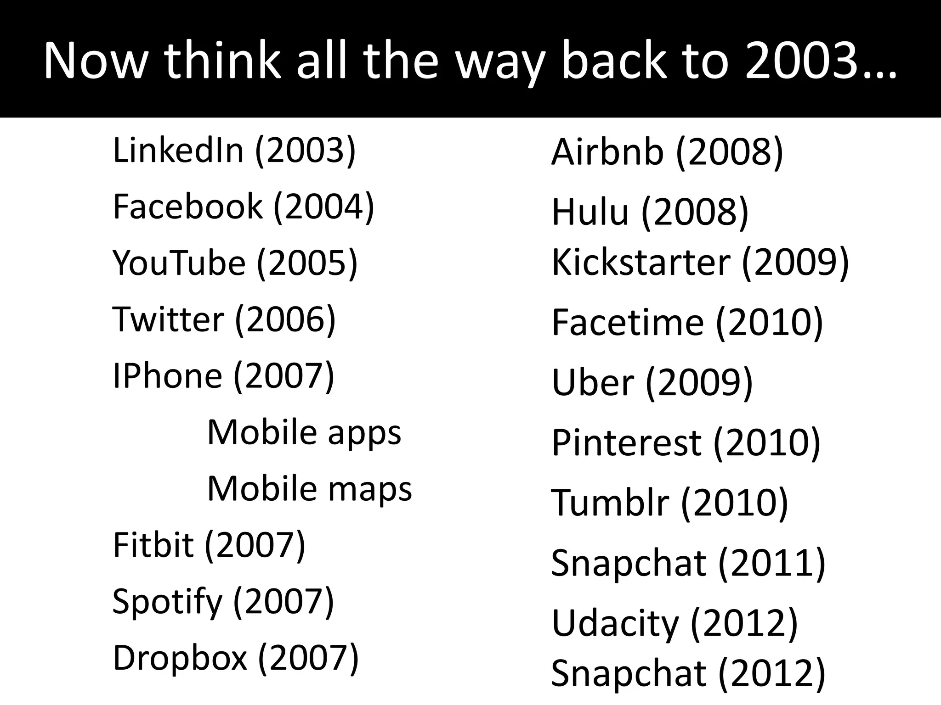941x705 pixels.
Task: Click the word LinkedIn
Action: pyautogui.click(x=178, y=151)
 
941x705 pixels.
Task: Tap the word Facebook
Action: pyautogui.click(x=187, y=207)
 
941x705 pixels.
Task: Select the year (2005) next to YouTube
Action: pyautogui.click(x=307, y=263)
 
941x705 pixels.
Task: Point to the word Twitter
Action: pyautogui.click(x=168, y=319)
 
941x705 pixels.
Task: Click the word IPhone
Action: pyautogui.click(x=167, y=375)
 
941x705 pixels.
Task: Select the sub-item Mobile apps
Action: pyautogui.click(x=304, y=432)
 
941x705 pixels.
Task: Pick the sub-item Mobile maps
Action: pyautogui.click(x=310, y=488)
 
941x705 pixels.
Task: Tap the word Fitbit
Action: pyautogui.click(x=153, y=545)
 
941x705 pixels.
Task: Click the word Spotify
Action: pyautogui.click(x=167, y=602)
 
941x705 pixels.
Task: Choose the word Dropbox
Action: pyautogui.click(x=180, y=658)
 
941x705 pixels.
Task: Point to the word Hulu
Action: pyautogui.click(x=590, y=212)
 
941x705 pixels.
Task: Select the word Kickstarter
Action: pyautogui.click(x=641, y=262)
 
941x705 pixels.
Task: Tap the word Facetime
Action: pyautogui.click(x=628, y=322)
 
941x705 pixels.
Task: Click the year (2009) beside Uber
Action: pyautogui.click(x=699, y=382)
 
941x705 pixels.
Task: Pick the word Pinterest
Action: pyautogui.click(x=626, y=442)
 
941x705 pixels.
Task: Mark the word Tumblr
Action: pyautogui.click(x=610, y=503)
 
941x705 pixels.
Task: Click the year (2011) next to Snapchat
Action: pyautogui.click(x=772, y=563)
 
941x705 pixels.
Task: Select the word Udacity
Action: pyautogui.click(x=615, y=623)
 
